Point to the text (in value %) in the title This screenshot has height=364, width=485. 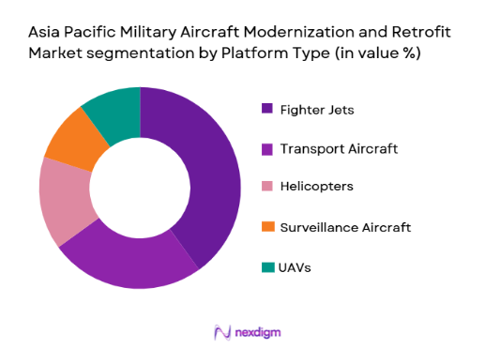tap(374, 53)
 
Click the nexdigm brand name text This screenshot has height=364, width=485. tap(258, 332)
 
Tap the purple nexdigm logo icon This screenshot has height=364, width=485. tap(222, 332)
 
